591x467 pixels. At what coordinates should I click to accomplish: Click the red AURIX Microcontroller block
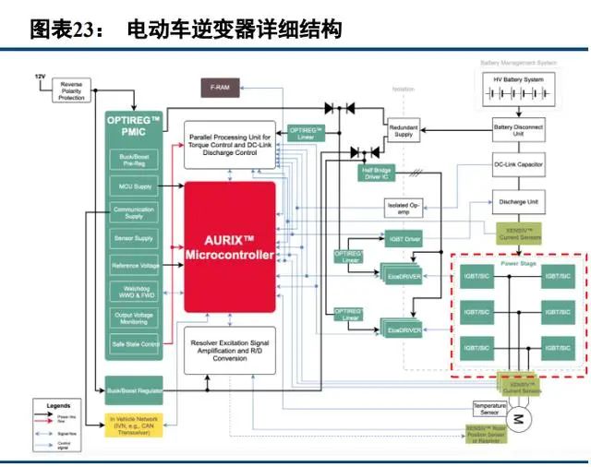229,246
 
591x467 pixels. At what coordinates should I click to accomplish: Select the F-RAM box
220,87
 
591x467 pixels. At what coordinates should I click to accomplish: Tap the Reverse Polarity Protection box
71,90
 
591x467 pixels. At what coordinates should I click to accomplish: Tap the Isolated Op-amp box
404,209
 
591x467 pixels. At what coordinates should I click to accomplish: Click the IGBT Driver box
403,239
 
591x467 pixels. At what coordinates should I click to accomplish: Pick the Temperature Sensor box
489,408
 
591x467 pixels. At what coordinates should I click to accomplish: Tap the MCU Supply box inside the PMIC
135,186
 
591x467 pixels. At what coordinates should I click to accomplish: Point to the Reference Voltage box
135,266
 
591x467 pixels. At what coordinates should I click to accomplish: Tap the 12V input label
40,76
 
